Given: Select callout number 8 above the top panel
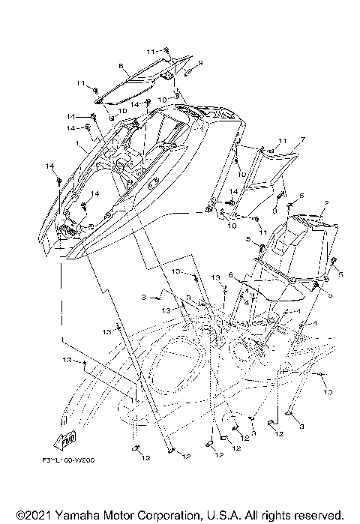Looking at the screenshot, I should point(121,67).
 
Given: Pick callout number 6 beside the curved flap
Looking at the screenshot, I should point(230,275).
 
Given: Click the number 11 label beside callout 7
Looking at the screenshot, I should point(262,142).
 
